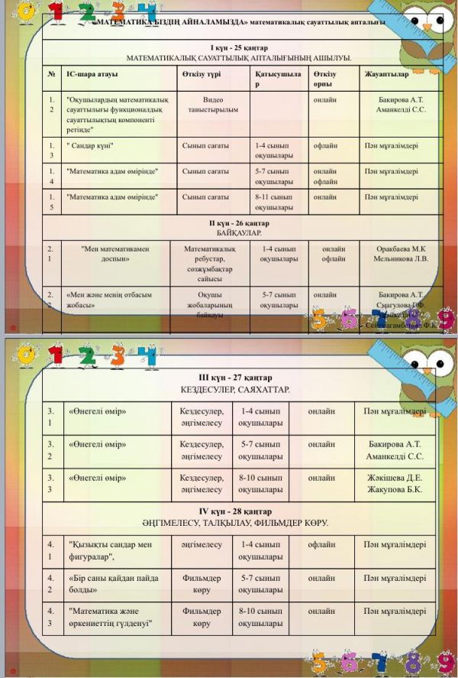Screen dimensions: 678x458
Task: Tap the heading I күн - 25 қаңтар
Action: point(239,47)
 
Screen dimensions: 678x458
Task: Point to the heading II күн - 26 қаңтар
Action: point(238,222)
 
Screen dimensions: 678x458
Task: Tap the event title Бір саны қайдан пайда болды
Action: point(103,584)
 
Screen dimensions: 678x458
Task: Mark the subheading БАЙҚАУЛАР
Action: point(238,232)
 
